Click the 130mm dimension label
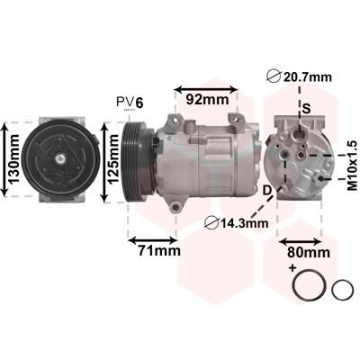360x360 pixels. [13, 159]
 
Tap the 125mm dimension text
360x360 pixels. [113, 159]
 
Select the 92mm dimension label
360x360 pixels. [207, 99]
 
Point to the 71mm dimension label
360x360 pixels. [159, 250]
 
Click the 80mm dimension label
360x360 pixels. [309, 253]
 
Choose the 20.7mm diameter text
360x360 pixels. [300, 77]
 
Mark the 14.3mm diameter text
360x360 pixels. [237, 223]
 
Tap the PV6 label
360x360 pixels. [130, 103]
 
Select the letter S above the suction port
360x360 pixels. [307, 108]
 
